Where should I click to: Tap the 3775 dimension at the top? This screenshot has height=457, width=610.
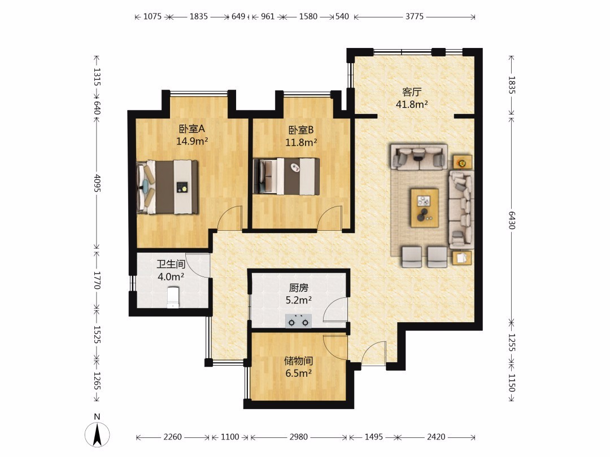pyautogui.click(x=414, y=16)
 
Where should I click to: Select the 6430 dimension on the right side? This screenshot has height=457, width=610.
pyautogui.click(x=512, y=221)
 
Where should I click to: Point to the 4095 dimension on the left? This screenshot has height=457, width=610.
pyautogui.click(x=97, y=183)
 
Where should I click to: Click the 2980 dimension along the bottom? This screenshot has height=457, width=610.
pyautogui.click(x=298, y=437)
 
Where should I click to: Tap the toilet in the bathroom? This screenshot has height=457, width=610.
pyautogui.click(x=173, y=297)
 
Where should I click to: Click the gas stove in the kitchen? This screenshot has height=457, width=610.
pyautogui.click(x=298, y=321)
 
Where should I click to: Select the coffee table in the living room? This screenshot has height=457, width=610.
pyautogui.click(x=424, y=208)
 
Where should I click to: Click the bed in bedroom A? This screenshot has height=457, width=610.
pyautogui.click(x=168, y=187)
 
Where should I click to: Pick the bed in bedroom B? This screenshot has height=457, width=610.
pyautogui.click(x=286, y=176)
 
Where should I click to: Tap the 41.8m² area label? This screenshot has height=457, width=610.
pyautogui.click(x=412, y=104)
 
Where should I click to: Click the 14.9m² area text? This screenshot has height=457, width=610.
pyautogui.click(x=192, y=140)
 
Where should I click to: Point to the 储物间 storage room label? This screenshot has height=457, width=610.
pyautogui.click(x=298, y=361)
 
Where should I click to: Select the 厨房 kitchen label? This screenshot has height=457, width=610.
pyautogui.click(x=298, y=288)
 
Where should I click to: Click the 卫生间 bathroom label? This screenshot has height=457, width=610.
pyautogui.click(x=171, y=265)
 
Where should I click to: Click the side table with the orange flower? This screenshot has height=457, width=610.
pyautogui.click(x=463, y=162)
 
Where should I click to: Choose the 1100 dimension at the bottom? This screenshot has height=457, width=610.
pyautogui.click(x=230, y=437)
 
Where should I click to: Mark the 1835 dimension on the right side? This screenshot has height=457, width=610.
pyautogui.click(x=512, y=85)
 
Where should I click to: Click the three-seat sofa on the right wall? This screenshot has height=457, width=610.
pyautogui.click(x=462, y=209)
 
